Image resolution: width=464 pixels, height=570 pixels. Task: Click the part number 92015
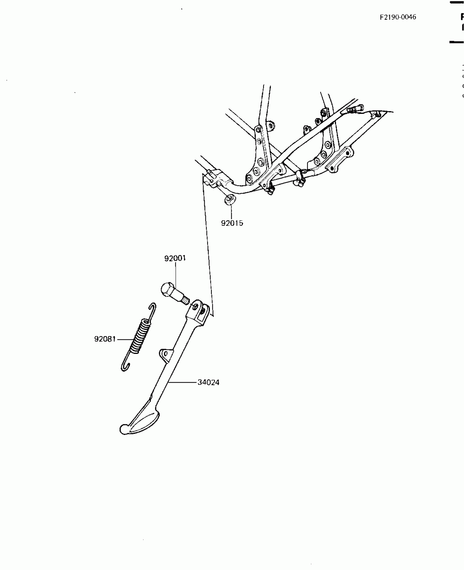(232, 223)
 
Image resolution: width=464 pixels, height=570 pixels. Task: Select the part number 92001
(175, 258)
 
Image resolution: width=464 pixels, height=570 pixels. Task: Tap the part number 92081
(105, 339)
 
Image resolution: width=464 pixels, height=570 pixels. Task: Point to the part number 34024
(209, 382)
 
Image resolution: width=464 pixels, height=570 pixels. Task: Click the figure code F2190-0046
(398, 17)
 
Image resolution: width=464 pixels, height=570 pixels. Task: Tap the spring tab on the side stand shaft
(166, 354)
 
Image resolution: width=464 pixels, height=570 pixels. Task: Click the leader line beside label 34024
(183, 382)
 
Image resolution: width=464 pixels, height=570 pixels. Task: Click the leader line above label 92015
(231, 212)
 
